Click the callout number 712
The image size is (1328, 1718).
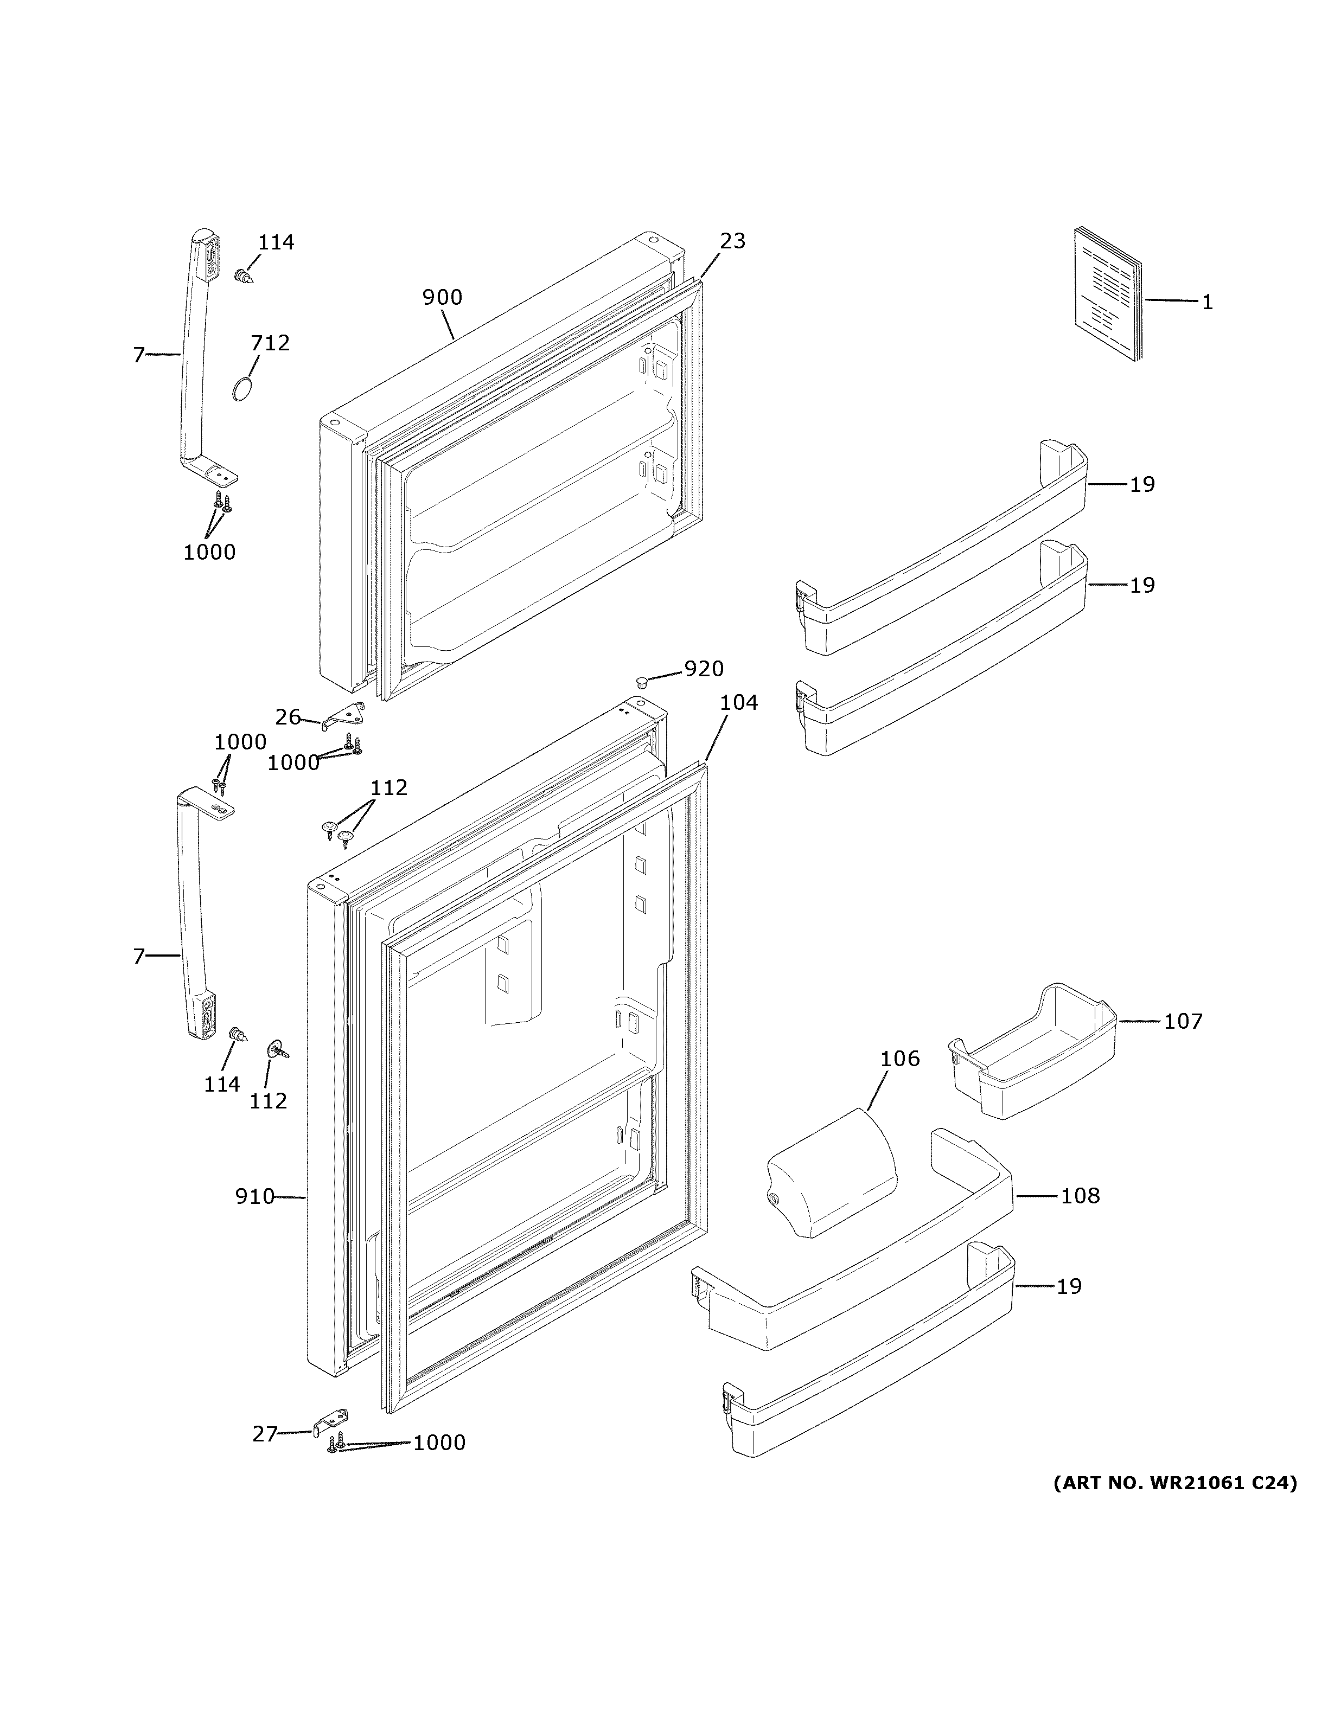270,343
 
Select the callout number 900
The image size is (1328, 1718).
442,297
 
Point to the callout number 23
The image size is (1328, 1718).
732,241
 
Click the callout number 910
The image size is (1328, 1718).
254,1219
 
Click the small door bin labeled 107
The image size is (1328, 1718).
1034,1052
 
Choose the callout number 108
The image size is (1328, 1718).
1080,1217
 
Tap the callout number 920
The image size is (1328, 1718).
704,669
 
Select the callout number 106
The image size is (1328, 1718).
899,1059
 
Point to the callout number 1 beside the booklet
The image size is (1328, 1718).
1207,302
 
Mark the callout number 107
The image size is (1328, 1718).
1183,1021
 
